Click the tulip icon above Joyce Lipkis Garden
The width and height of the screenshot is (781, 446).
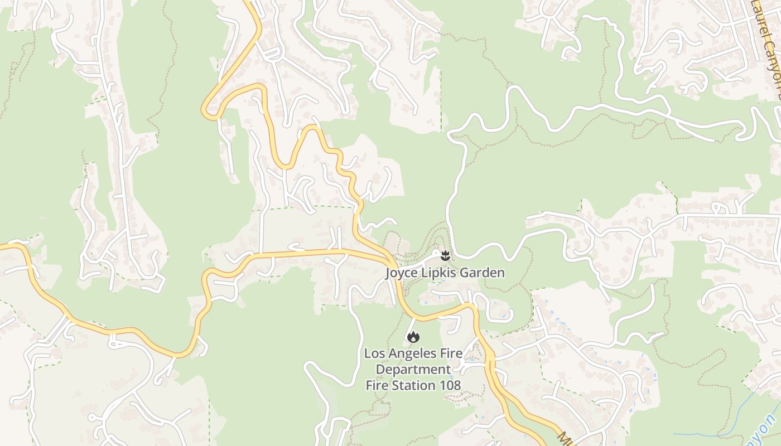(x=445, y=256)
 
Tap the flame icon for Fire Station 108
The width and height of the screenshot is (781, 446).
(x=413, y=337)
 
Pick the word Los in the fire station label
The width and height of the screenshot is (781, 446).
(x=374, y=353)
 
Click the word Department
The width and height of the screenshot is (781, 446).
(x=413, y=369)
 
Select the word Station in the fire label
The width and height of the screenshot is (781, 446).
(x=413, y=385)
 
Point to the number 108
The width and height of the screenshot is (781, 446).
(x=450, y=385)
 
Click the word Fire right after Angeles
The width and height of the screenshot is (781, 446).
(x=451, y=353)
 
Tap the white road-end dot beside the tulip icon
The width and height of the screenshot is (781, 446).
(x=436, y=253)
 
